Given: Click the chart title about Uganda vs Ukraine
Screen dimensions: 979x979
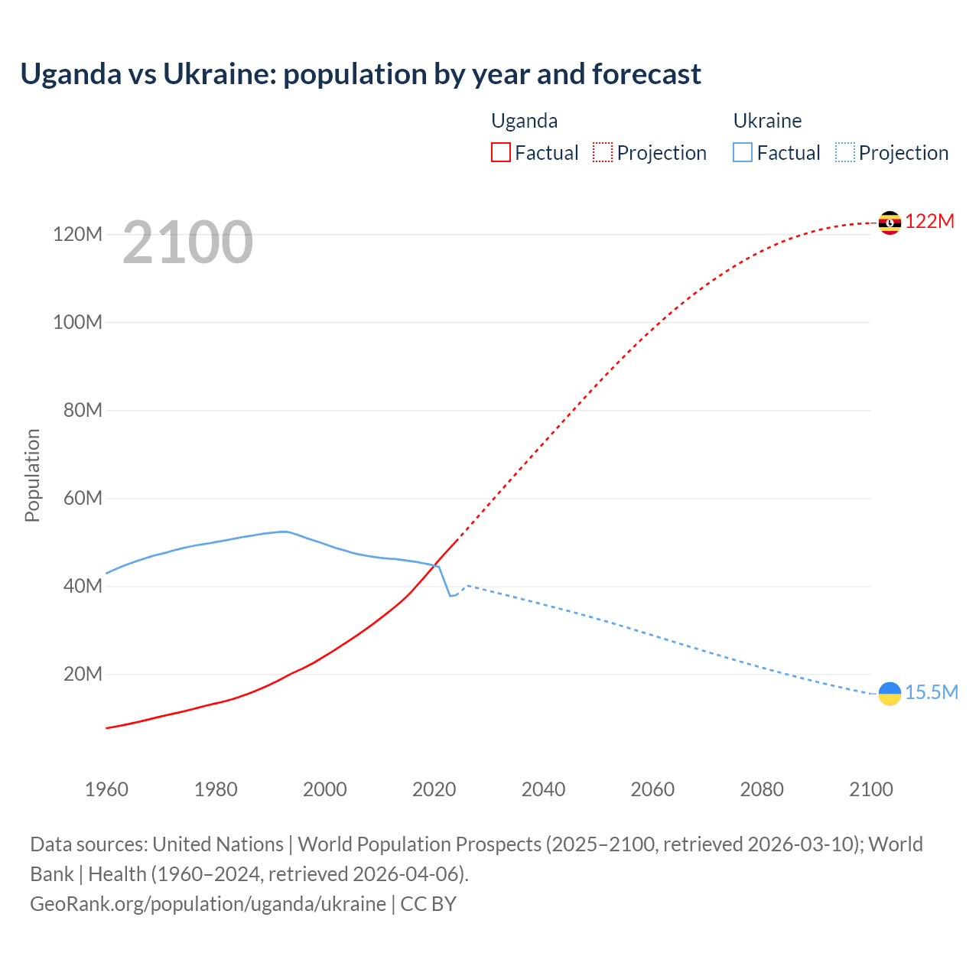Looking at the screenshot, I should click(360, 74).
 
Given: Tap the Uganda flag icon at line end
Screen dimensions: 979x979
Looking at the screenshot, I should click(890, 223).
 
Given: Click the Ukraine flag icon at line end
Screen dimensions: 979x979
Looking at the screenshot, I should click(890, 693).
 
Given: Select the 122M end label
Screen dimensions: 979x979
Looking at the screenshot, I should click(930, 222).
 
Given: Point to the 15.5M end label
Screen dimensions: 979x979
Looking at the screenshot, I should click(932, 693).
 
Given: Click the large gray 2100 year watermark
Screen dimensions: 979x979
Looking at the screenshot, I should click(187, 242).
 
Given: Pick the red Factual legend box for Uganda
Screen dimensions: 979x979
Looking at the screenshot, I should click(501, 152).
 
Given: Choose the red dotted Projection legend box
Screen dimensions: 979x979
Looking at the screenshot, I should click(603, 152).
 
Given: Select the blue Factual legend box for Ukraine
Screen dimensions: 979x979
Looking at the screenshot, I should click(743, 152).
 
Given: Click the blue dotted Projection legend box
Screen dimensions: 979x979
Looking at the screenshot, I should click(845, 152).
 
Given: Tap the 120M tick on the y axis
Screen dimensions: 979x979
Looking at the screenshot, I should click(77, 234).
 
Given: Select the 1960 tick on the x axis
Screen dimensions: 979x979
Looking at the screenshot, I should click(106, 789).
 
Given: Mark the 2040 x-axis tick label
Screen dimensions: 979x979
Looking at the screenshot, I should click(543, 789).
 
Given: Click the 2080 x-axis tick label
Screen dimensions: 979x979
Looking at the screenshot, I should click(762, 789).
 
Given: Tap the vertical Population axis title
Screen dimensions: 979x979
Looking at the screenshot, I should click(32, 475).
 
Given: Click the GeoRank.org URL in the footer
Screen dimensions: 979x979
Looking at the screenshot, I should click(208, 904).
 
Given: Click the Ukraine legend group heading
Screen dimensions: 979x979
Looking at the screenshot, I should click(767, 121).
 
